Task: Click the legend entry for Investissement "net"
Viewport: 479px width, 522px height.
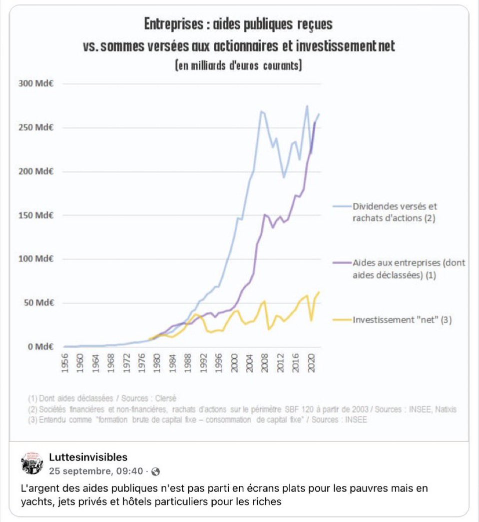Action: click(402, 320)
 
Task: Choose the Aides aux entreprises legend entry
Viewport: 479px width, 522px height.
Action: click(409, 268)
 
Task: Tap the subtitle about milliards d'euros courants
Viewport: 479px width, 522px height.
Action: click(238, 65)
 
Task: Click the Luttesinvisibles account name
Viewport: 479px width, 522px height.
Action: click(88, 457)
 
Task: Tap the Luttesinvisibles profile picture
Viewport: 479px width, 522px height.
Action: click(32, 463)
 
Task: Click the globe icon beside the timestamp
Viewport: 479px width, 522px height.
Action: click(156, 471)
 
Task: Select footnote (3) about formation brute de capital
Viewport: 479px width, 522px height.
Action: click(197, 420)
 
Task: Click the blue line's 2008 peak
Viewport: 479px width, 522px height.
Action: click(261, 111)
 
